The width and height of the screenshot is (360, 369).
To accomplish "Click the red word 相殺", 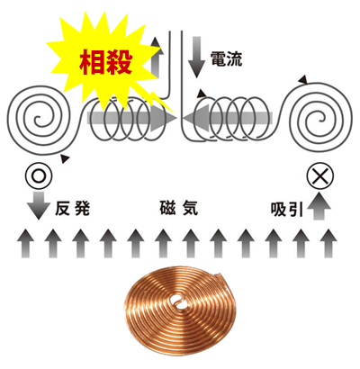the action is click(105, 62).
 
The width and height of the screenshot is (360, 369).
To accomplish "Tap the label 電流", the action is click(226, 58).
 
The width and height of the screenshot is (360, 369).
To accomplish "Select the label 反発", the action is click(72, 209).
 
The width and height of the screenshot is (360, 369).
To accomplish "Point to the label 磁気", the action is click(179, 208).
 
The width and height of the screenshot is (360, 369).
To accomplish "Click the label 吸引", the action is click(287, 210).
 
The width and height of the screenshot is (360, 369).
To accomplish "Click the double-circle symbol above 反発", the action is click(39, 175).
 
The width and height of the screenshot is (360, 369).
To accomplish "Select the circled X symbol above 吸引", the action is click(319, 175).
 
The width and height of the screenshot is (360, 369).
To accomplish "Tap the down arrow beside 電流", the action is click(196, 57).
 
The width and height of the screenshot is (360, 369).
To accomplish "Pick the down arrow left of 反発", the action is click(39, 205).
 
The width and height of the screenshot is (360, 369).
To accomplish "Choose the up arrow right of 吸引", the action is click(319, 206).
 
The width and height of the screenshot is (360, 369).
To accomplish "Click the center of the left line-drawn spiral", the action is click(38, 120).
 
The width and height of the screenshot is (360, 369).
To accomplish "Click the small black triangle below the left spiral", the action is click(65, 158).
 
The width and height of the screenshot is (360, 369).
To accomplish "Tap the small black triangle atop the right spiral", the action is click(303, 79).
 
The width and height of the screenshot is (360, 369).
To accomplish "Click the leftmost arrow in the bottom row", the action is click(26, 243).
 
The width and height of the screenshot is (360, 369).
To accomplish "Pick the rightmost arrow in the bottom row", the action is click(328, 243).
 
